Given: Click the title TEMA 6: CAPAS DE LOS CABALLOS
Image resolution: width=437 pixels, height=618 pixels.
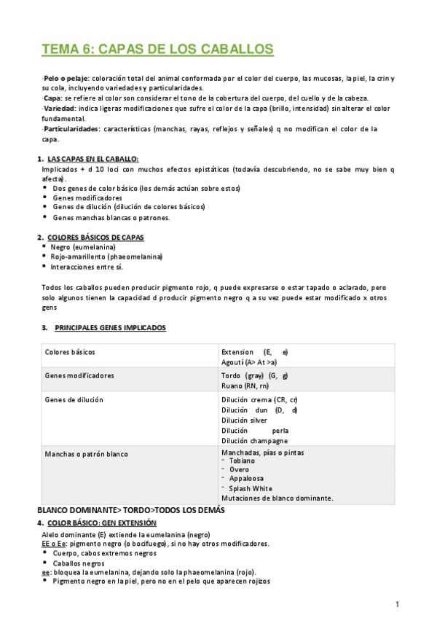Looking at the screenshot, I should (157, 50).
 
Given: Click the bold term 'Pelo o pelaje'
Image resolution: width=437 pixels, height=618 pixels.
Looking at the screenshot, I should (63, 78).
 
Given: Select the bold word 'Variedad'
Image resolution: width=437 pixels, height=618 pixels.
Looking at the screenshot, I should (60, 109).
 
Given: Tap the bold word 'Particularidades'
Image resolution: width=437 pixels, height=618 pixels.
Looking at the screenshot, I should (71, 129).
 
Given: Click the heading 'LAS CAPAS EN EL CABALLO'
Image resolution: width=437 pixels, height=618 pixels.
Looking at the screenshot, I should (92, 159).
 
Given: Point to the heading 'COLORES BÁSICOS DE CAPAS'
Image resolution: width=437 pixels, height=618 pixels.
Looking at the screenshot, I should (95, 238).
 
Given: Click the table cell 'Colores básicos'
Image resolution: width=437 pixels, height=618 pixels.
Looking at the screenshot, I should (70, 352).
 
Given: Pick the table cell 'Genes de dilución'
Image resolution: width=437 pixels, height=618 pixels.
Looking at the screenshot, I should (74, 400).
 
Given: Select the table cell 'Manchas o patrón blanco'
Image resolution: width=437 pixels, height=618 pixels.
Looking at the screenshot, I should (86, 454).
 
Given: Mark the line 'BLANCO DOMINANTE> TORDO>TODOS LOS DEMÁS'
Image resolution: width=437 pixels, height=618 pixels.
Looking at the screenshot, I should (131, 511).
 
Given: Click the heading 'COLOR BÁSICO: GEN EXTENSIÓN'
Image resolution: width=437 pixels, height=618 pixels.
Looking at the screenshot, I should (101, 523).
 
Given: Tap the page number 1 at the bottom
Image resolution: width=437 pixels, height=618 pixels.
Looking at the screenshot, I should (398, 604).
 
